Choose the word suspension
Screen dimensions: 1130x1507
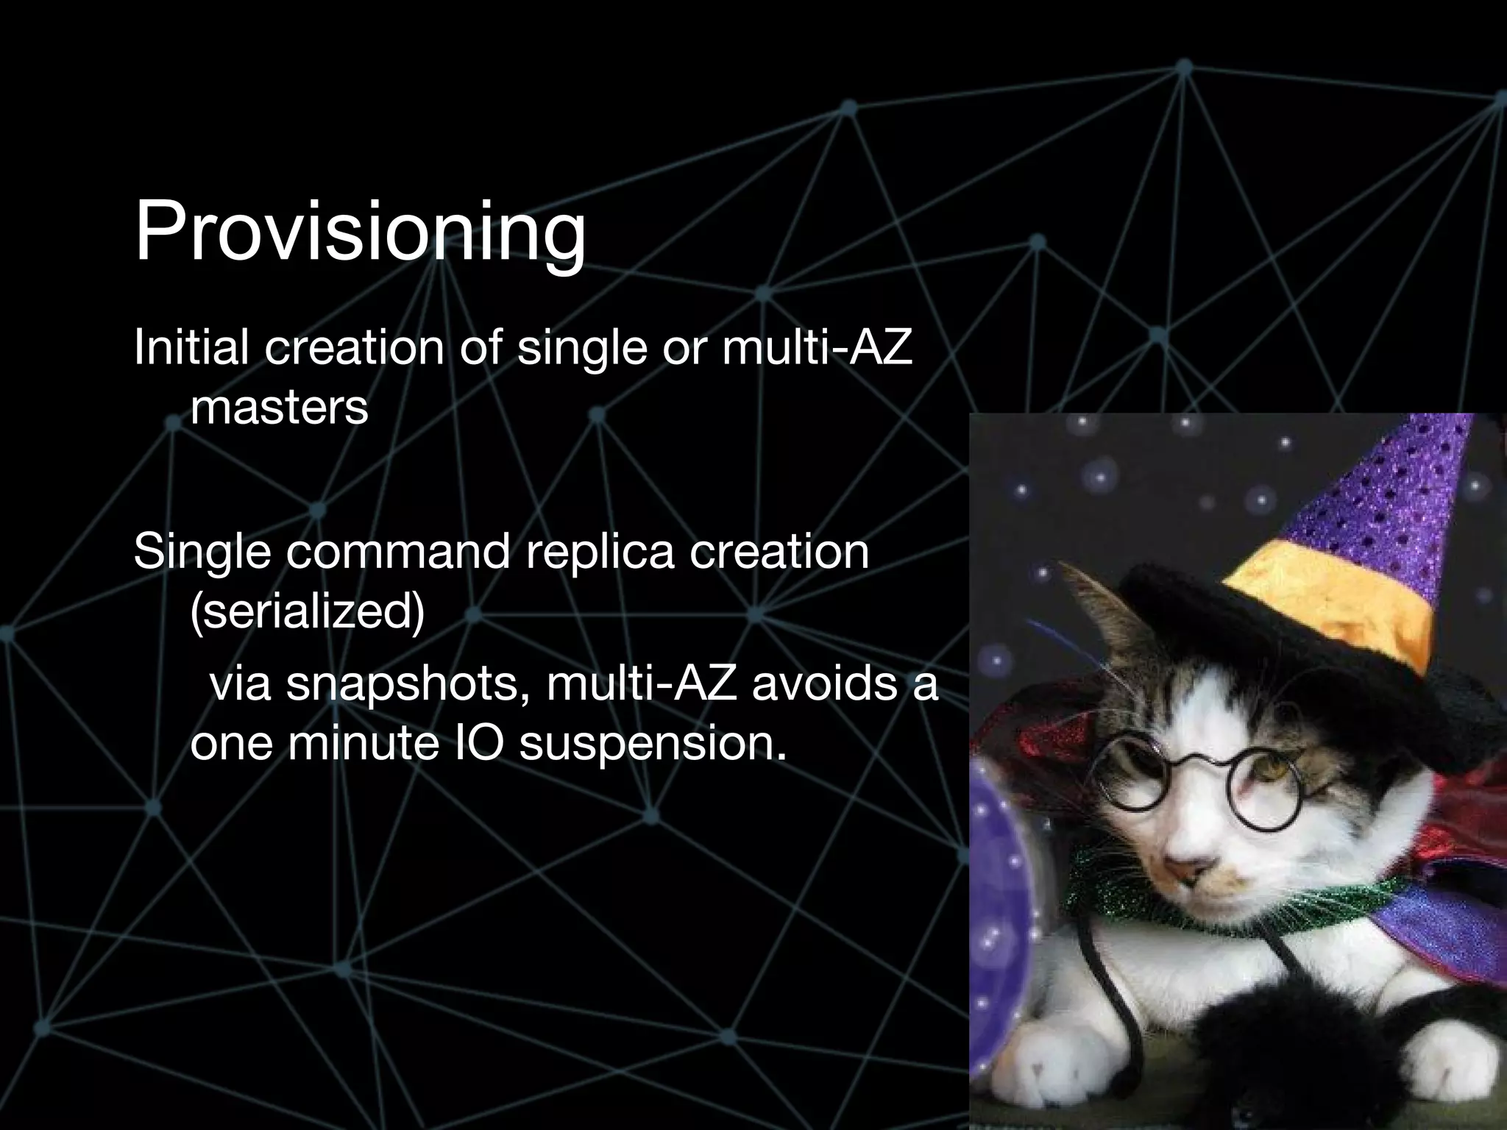(648, 745)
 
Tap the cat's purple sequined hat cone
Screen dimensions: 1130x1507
(1383, 486)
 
